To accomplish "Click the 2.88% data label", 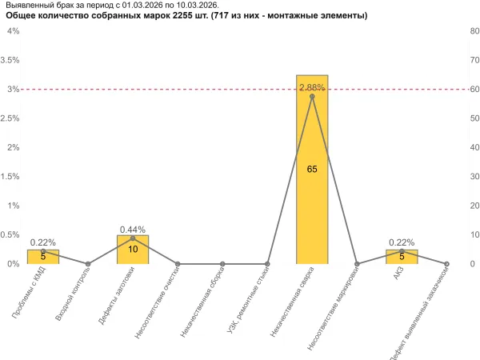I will coord(312,86).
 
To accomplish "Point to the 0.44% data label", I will coord(133,230).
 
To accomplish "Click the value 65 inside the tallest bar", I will coord(312,170).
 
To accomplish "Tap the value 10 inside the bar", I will coord(133,250).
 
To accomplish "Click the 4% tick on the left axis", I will coord(14,31).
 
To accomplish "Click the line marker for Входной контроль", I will coord(88,264).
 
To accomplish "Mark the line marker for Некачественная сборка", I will coord(222,264).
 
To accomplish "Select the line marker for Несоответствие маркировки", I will coord(357,264).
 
